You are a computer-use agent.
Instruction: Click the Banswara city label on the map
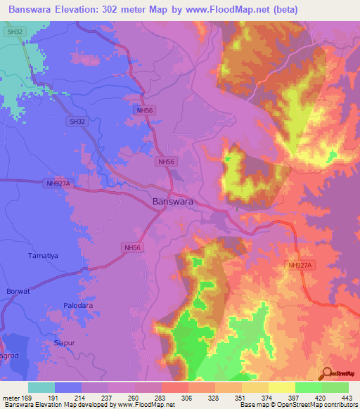[172, 202]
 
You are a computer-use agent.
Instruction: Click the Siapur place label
[65, 342]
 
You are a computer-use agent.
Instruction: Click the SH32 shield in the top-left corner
[13, 32]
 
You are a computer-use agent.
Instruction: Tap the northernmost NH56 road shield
[144, 110]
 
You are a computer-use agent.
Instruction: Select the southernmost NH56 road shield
[132, 247]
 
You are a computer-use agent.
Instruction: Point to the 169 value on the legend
[29, 398]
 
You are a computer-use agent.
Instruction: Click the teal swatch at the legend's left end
[41, 387]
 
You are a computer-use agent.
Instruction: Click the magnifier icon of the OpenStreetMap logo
[327, 374]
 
